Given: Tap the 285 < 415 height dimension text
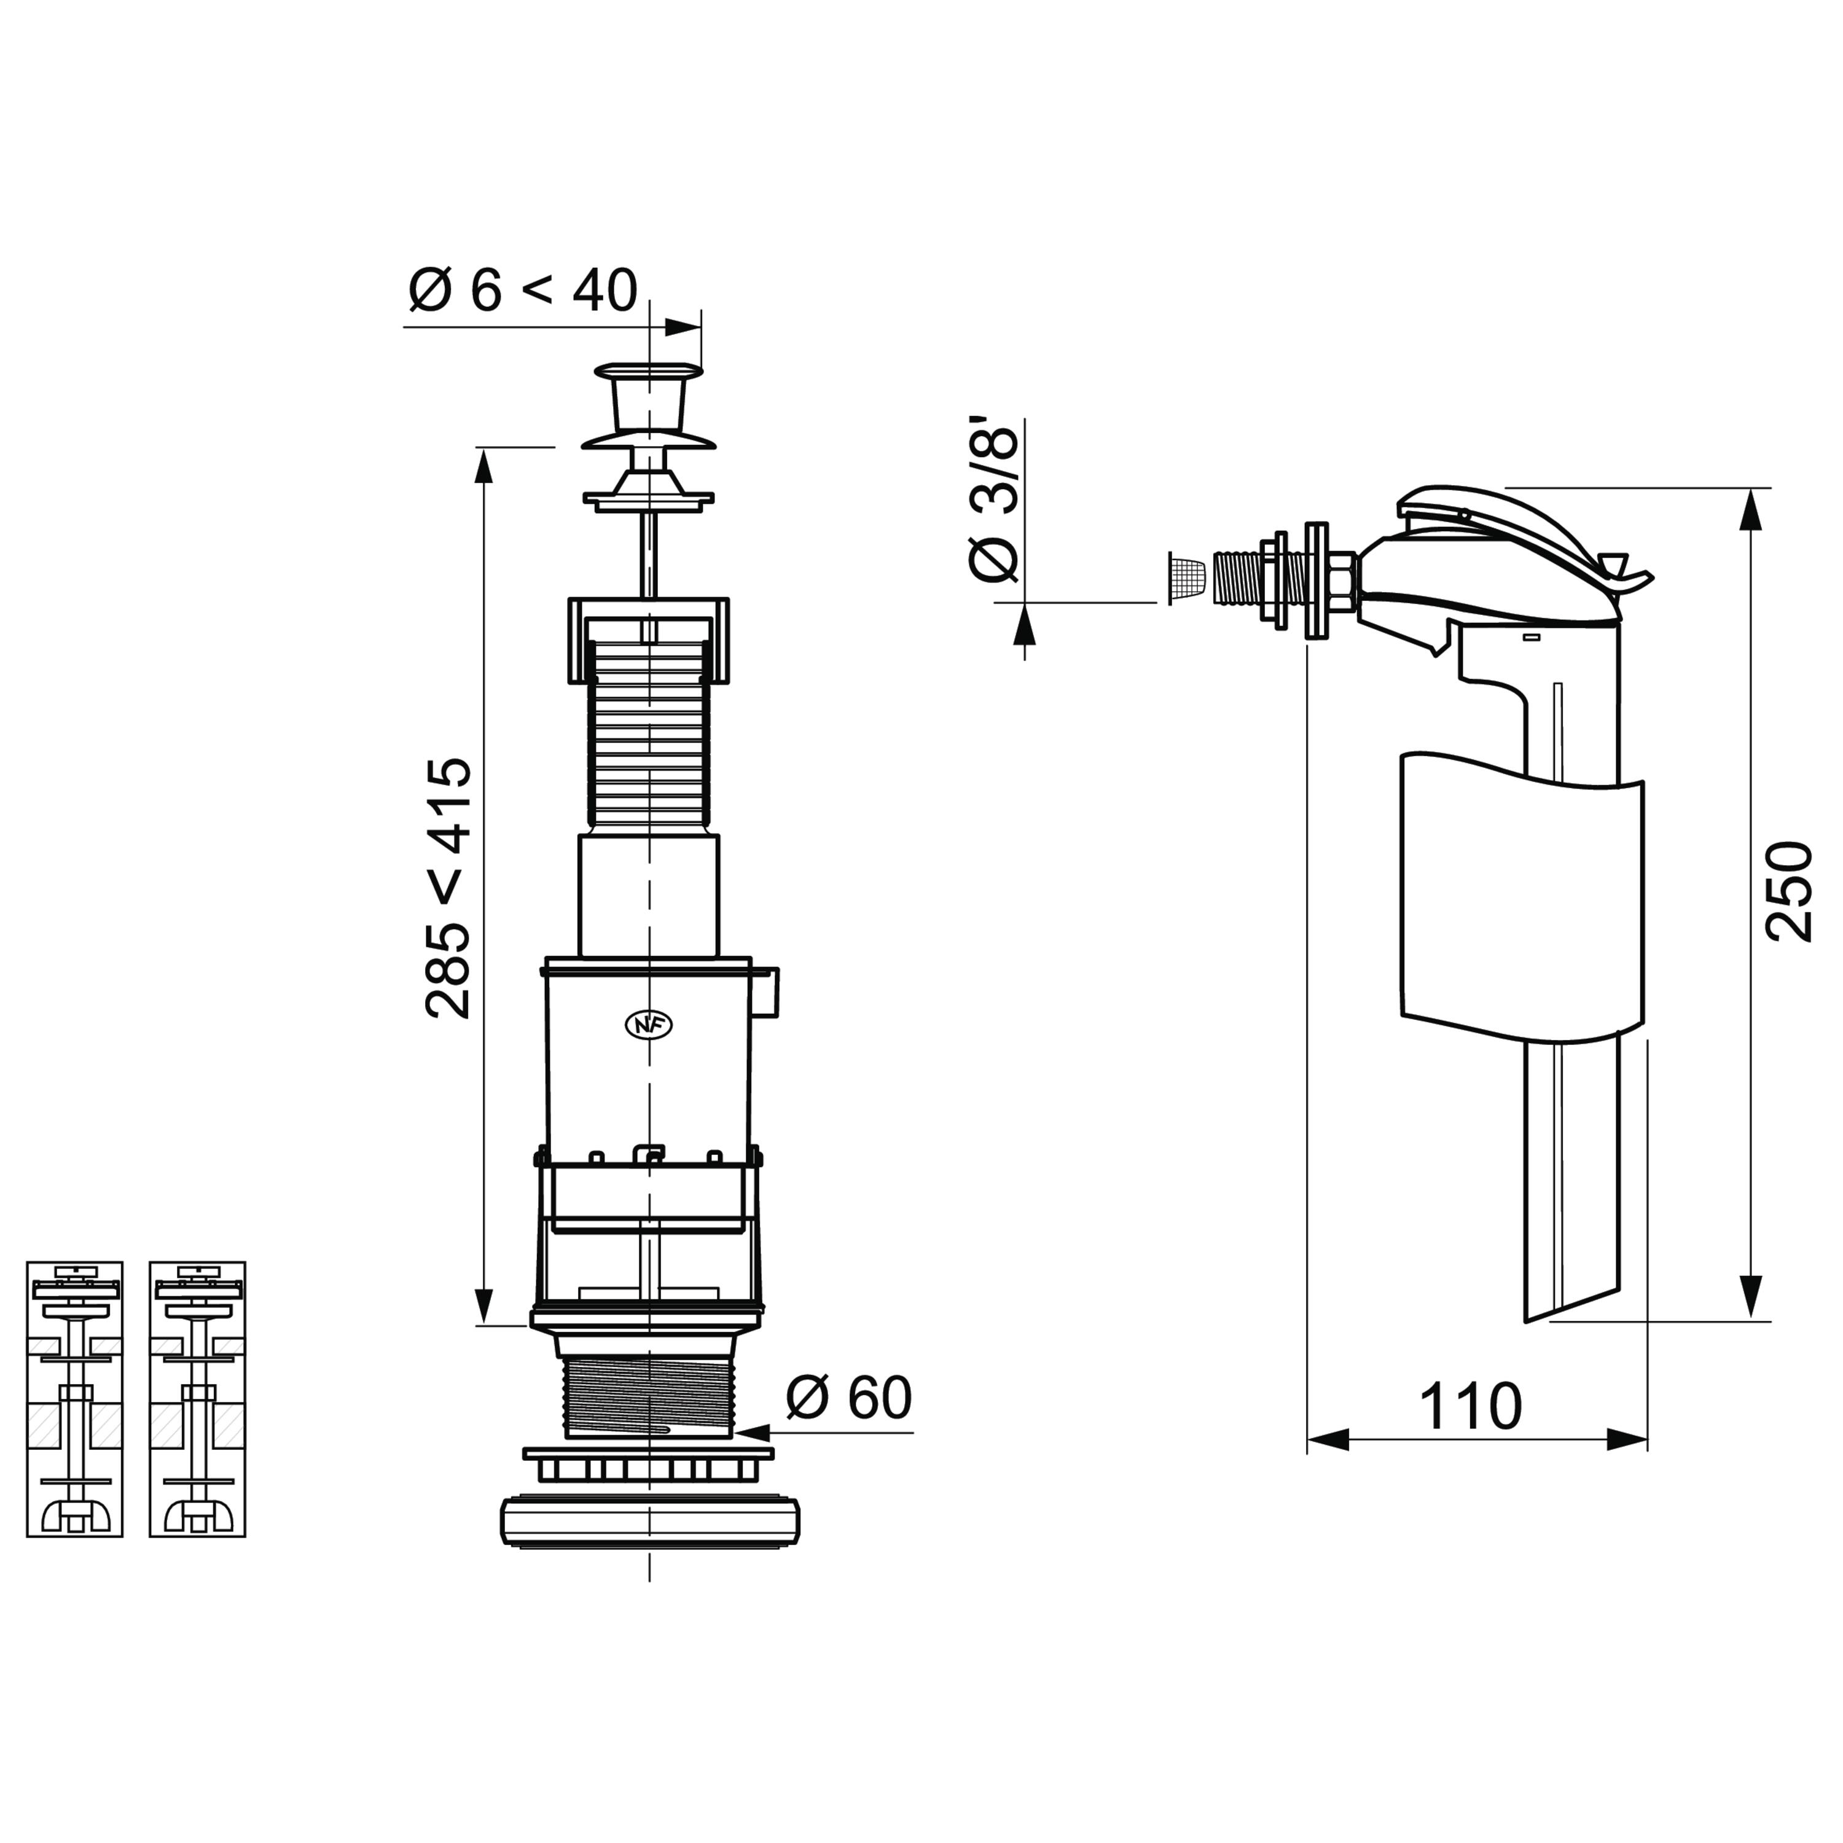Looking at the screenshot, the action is [x=448, y=889].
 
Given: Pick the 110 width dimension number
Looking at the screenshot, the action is [x=1470, y=1407].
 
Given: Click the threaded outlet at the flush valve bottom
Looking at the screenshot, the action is [x=649, y=1398].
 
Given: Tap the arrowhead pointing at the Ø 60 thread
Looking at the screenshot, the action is [x=752, y=1432].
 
